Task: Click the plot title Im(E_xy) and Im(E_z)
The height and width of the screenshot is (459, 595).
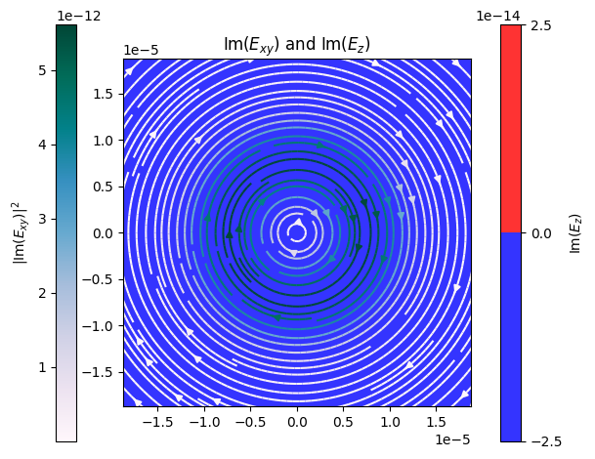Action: tap(297, 44)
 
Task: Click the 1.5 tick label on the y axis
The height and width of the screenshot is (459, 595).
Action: tap(103, 94)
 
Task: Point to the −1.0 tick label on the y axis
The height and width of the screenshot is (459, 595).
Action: tap(98, 326)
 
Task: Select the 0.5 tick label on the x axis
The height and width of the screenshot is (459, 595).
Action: tap(343, 422)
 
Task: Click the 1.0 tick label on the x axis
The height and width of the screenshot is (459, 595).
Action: tap(390, 422)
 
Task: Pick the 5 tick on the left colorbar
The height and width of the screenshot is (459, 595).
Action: tap(43, 70)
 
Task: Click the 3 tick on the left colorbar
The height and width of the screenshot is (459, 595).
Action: tap(43, 219)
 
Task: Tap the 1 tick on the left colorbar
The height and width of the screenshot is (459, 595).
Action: tap(43, 367)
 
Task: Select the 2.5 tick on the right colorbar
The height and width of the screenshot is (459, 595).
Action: tap(541, 25)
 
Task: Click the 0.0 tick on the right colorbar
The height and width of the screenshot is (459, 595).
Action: tap(541, 232)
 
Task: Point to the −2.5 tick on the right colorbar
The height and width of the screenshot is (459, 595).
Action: tap(546, 441)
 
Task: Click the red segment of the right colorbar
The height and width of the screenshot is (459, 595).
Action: tap(511, 129)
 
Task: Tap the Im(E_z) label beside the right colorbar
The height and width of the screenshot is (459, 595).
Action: tap(575, 232)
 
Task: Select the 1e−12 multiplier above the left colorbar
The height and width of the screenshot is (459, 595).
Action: tap(79, 16)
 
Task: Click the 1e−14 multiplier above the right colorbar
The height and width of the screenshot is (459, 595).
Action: tap(498, 16)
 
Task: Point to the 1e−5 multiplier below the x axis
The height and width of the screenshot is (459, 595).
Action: tap(452, 439)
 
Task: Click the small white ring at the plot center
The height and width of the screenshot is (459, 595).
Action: tap(297, 226)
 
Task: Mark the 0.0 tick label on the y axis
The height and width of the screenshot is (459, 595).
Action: tap(103, 232)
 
